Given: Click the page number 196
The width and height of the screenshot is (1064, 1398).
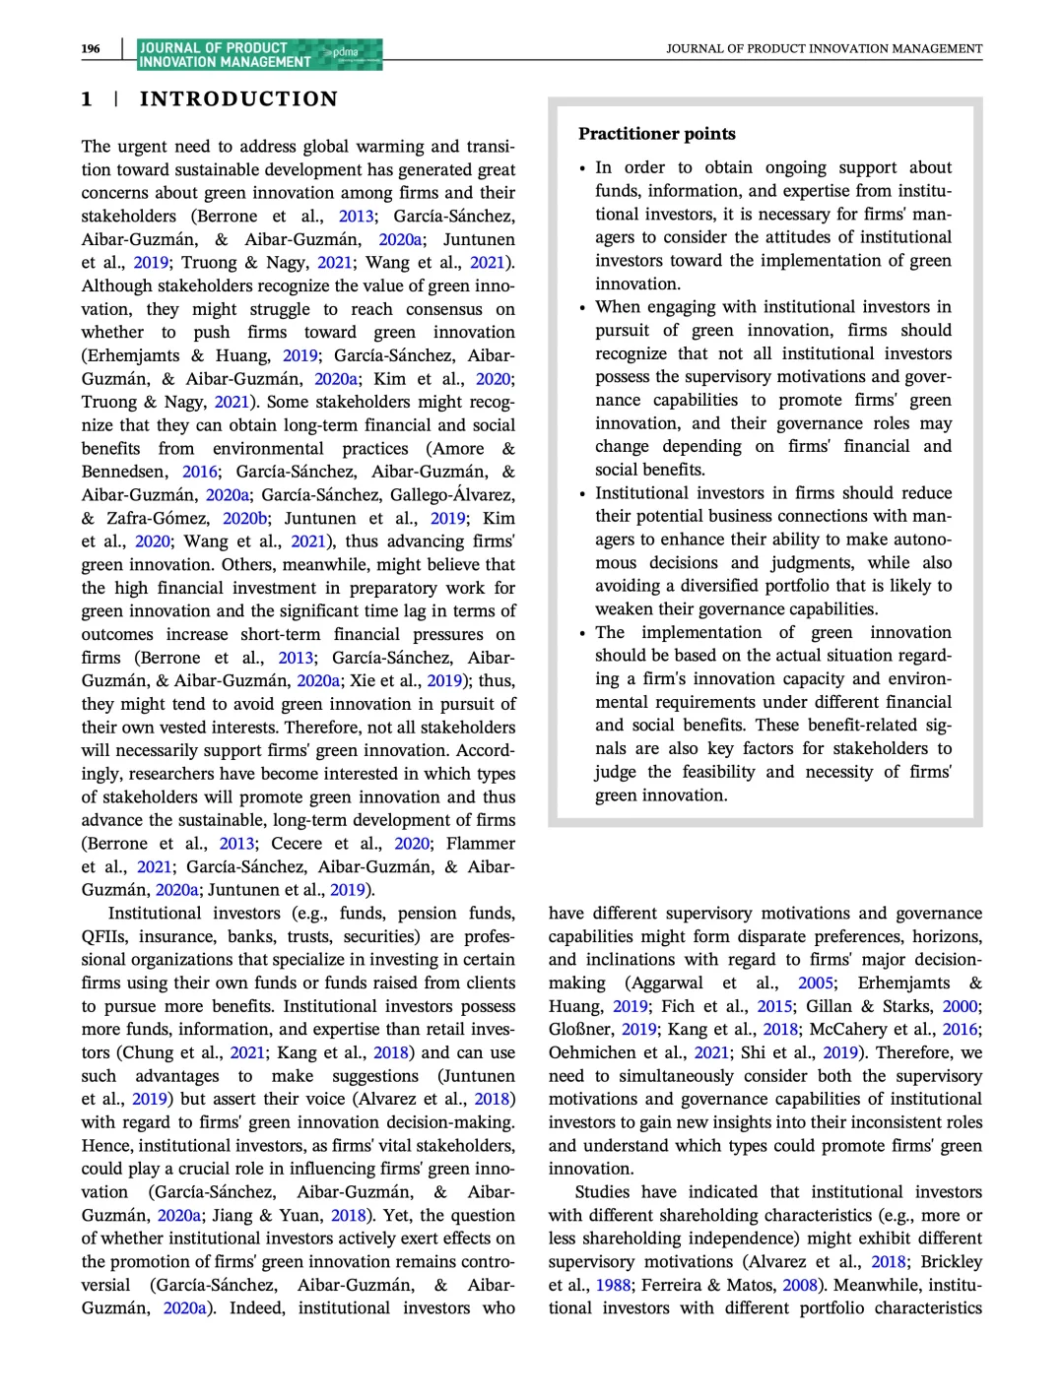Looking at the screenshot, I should [x=91, y=48].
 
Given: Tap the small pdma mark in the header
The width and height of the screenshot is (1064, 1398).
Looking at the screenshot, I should [x=346, y=52].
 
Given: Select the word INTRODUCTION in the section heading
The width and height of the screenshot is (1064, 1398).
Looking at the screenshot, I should [x=238, y=98].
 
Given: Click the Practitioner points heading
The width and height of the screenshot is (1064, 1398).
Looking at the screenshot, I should [x=656, y=134].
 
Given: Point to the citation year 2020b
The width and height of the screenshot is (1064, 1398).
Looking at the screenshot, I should [x=245, y=518].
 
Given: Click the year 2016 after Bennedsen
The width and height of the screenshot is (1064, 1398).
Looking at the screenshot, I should [x=201, y=472].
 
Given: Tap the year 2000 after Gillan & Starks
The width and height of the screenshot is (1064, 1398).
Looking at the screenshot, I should [x=961, y=1006].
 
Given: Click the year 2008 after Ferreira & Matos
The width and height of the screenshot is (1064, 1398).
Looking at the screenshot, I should [x=801, y=1285].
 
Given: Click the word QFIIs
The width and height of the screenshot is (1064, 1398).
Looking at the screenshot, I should [x=104, y=936].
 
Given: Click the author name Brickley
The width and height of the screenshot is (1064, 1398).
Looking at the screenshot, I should [x=952, y=1262].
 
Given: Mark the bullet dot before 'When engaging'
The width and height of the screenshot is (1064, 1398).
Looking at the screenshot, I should [x=582, y=308].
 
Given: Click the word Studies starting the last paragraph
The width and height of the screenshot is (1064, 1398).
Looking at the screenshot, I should [x=602, y=1192].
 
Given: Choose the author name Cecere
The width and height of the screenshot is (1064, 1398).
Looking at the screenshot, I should [x=297, y=844].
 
